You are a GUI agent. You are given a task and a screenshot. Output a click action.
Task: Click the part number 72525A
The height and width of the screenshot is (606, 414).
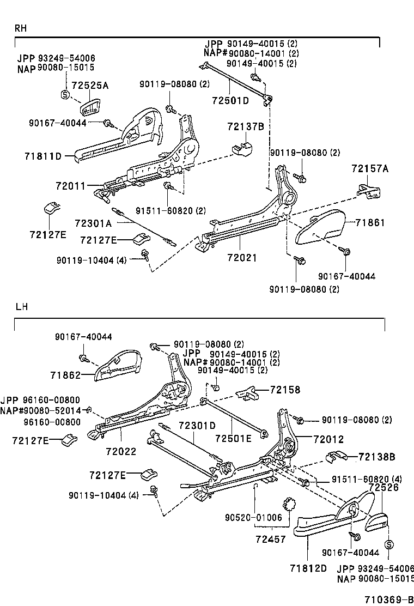[x=90, y=86]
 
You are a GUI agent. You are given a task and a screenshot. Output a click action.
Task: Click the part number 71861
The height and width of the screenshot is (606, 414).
[x=370, y=222]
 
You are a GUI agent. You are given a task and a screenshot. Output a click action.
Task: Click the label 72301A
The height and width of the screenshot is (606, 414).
[x=93, y=223]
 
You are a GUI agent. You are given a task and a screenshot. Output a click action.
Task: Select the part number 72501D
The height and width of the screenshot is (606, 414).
[x=230, y=101]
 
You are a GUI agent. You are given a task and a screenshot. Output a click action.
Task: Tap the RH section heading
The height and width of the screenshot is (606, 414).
[x=21, y=28]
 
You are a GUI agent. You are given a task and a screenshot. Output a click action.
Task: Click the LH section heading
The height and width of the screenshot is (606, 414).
[x=21, y=307]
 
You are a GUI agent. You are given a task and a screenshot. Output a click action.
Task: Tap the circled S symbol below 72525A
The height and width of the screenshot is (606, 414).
[x=65, y=96]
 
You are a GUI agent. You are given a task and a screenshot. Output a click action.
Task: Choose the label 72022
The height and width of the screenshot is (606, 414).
[x=121, y=452]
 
